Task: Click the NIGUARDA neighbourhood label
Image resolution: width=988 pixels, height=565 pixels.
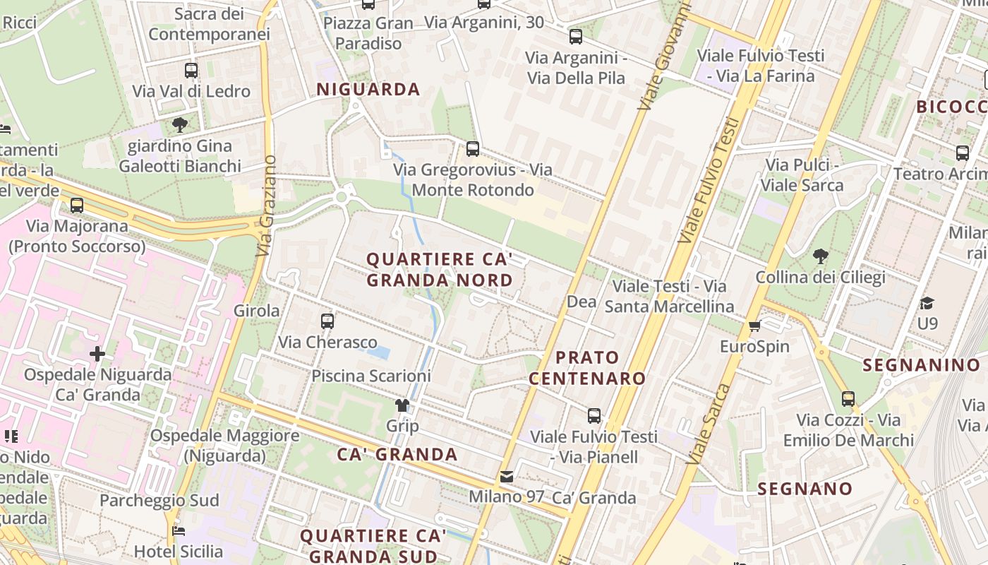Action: coord(368,90)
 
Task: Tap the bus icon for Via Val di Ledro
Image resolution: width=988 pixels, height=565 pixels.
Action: coord(191,71)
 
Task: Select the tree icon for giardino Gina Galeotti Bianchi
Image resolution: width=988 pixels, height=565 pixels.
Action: coord(180,126)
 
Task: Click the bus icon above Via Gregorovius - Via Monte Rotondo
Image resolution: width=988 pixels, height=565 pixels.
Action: coord(472,149)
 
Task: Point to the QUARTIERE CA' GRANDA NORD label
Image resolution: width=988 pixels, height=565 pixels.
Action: coord(439,270)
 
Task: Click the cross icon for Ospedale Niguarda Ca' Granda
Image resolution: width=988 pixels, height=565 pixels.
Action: coord(97,353)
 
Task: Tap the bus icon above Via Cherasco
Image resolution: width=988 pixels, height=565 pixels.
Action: coord(327,321)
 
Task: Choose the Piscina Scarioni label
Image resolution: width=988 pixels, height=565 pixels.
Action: coord(371,376)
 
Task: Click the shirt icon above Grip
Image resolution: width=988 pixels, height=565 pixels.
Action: coord(402,405)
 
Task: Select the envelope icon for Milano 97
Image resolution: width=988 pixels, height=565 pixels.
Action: coord(507,477)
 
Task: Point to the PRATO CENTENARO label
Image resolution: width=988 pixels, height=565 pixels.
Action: coord(587,367)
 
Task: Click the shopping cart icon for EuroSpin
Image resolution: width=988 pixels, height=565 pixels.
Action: coord(755,326)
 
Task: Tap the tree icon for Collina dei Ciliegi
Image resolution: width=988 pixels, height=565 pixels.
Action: coord(820,256)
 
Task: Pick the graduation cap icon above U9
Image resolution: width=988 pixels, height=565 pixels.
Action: coord(927,303)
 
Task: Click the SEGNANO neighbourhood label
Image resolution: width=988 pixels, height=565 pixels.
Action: coord(805,489)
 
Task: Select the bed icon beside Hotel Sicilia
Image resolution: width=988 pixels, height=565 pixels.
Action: coord(179,530)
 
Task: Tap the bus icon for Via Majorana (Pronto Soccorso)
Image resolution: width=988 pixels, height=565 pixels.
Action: coord(77,206)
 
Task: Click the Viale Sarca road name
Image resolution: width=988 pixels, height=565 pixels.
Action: coord(713,424)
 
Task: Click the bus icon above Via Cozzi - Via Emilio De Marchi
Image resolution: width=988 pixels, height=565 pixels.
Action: coord(848,399)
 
